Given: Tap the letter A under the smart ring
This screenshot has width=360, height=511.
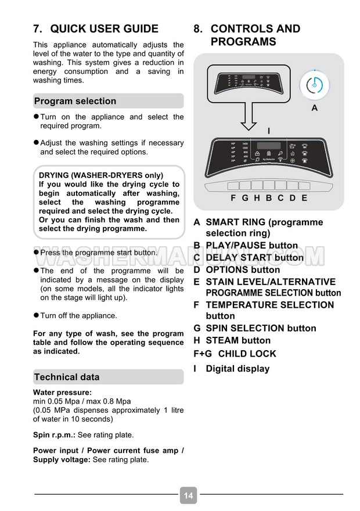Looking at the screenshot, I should [315, 108].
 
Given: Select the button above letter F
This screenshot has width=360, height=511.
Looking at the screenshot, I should [233, 186].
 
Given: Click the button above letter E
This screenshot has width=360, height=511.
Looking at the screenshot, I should [304, 186].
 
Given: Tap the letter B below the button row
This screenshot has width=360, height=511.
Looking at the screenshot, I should [269, 198].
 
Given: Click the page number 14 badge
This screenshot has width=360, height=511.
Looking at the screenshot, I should [188, 495].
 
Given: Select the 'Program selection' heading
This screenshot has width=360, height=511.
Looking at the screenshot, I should [75, 101].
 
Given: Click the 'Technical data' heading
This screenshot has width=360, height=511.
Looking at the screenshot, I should [67, 377].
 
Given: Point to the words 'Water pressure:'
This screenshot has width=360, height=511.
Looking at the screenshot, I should [58, 393].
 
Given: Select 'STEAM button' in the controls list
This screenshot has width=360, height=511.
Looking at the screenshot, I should [238, 340].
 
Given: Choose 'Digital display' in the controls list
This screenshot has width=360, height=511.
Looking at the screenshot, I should [237, 369].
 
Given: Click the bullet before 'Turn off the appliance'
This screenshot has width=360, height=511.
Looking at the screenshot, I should [36, 315].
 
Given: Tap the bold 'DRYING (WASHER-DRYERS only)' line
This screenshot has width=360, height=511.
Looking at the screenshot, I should [100, 175].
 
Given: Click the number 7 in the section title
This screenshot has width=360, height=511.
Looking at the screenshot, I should [37, 29].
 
